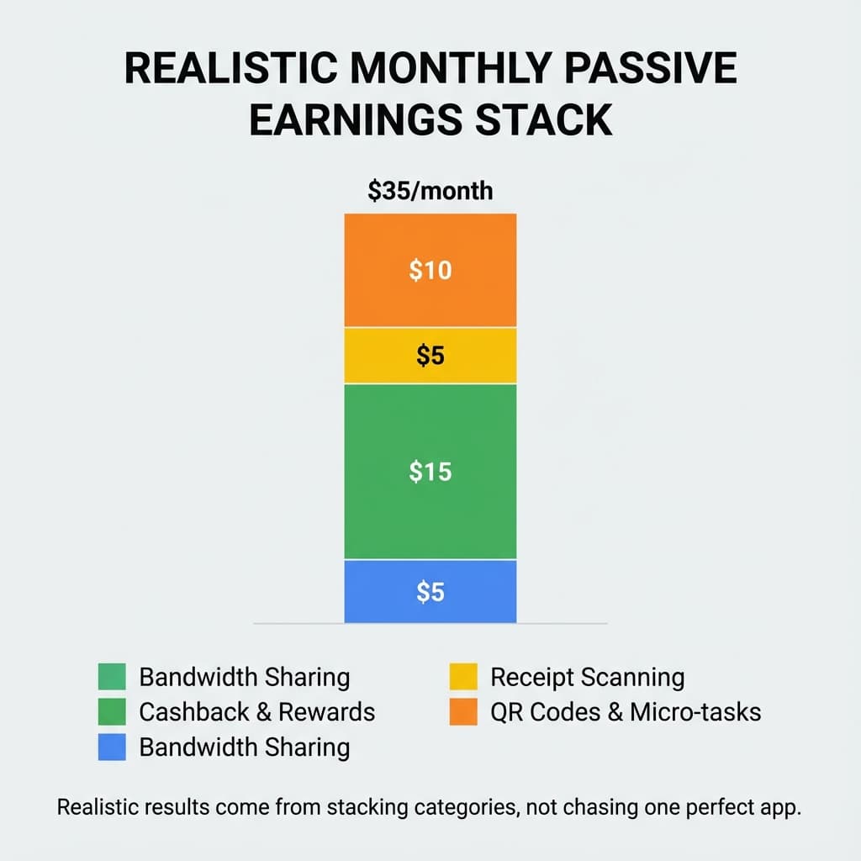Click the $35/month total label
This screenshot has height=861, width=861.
[x=430, y=191]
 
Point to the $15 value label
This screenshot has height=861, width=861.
[x=430, y=472]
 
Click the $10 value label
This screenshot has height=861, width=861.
[x=430, y=270]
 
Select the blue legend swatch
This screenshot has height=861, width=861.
[x=112, y=747]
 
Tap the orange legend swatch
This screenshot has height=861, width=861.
[x=463, y=712]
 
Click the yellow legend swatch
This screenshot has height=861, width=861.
[x=463, y=677]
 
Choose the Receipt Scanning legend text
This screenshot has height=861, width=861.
[x=587, y=677]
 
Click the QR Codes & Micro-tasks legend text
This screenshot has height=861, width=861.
[x=626, y=712]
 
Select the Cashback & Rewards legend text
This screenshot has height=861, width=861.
[x=256, y=712]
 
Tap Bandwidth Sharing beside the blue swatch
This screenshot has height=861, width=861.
[x=244, y=747]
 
